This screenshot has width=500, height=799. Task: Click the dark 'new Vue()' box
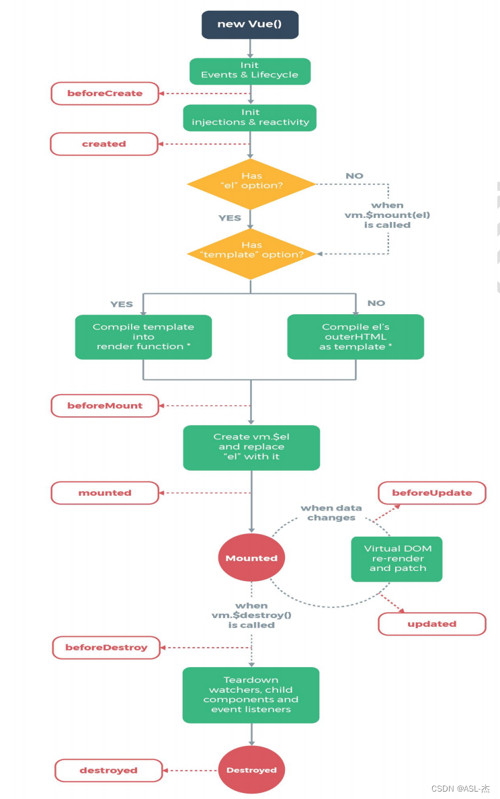point(250,24)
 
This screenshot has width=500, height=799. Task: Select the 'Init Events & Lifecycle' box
point(250,71)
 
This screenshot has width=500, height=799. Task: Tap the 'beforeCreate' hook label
point(105,93)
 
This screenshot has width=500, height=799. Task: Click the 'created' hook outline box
point(104,144)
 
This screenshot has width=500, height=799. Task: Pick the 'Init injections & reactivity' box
point(250,118)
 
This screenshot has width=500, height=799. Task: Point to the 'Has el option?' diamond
point(251,184)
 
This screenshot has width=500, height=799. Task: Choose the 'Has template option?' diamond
point(251,254)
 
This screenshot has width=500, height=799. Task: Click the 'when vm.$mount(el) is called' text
point(388,215)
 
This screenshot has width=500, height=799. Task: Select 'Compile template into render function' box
point(144,337)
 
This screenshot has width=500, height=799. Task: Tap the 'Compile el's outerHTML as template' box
point(356,337)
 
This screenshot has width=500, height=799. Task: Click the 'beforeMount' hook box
point(105,406)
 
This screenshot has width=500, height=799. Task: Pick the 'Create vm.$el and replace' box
point(251,447)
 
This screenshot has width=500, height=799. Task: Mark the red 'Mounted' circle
point(251,558)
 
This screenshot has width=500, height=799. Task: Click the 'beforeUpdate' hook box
point(431,493)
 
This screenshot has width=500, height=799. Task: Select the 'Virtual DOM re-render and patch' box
point(397,559)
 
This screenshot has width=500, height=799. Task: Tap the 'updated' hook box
point(431,623)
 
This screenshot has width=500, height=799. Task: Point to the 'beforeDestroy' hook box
point(106,648)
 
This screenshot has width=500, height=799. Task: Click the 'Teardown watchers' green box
point(251,695)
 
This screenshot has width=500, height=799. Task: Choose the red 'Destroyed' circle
point(251,769)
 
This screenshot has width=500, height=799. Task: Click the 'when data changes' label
point(331,512)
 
